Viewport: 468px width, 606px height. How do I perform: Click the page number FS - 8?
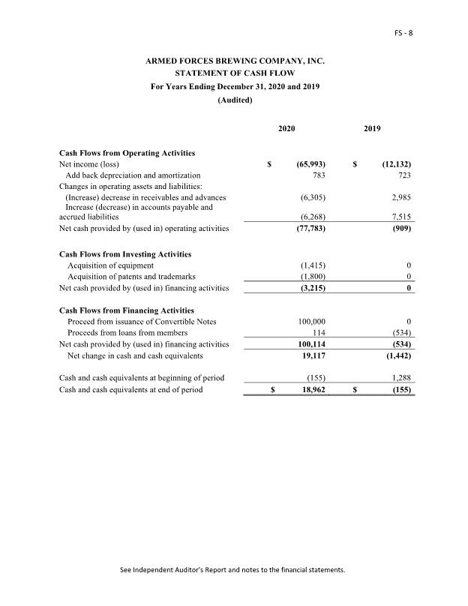point(404,33)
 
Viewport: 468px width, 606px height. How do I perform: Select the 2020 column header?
point(286,129)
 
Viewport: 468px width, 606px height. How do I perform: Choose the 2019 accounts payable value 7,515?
point(401,217)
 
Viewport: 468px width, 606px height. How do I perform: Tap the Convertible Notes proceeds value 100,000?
point(312,322)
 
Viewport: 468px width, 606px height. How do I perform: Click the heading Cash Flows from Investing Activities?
point(124,254)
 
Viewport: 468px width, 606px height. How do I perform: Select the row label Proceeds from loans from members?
point(127,333)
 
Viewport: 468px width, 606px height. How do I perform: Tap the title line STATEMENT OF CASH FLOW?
point(235,73)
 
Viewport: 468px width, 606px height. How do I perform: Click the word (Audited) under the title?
point(235,100)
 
